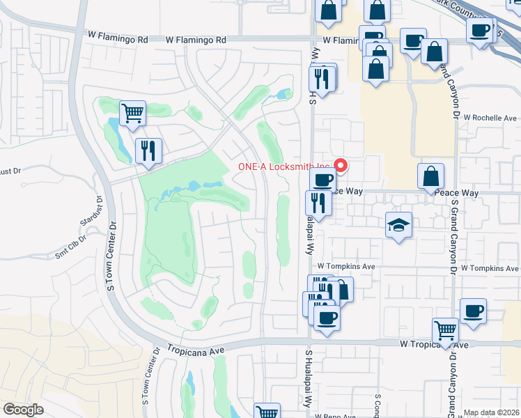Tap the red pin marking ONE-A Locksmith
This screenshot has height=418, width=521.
[x=341, y=166]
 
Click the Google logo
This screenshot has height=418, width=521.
[x=24, y=410]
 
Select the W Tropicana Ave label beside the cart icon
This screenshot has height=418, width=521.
[x=425, y=345]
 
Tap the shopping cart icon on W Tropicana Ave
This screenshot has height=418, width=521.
[x=445, y=330]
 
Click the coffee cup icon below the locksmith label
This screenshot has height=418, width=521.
[x=322, y=180]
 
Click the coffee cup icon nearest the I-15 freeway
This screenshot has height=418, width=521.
[x=480, y=31]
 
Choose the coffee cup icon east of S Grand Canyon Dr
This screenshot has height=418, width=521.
[x=473, y=311]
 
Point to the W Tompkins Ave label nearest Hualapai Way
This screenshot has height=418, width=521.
[x=346, y=267]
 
